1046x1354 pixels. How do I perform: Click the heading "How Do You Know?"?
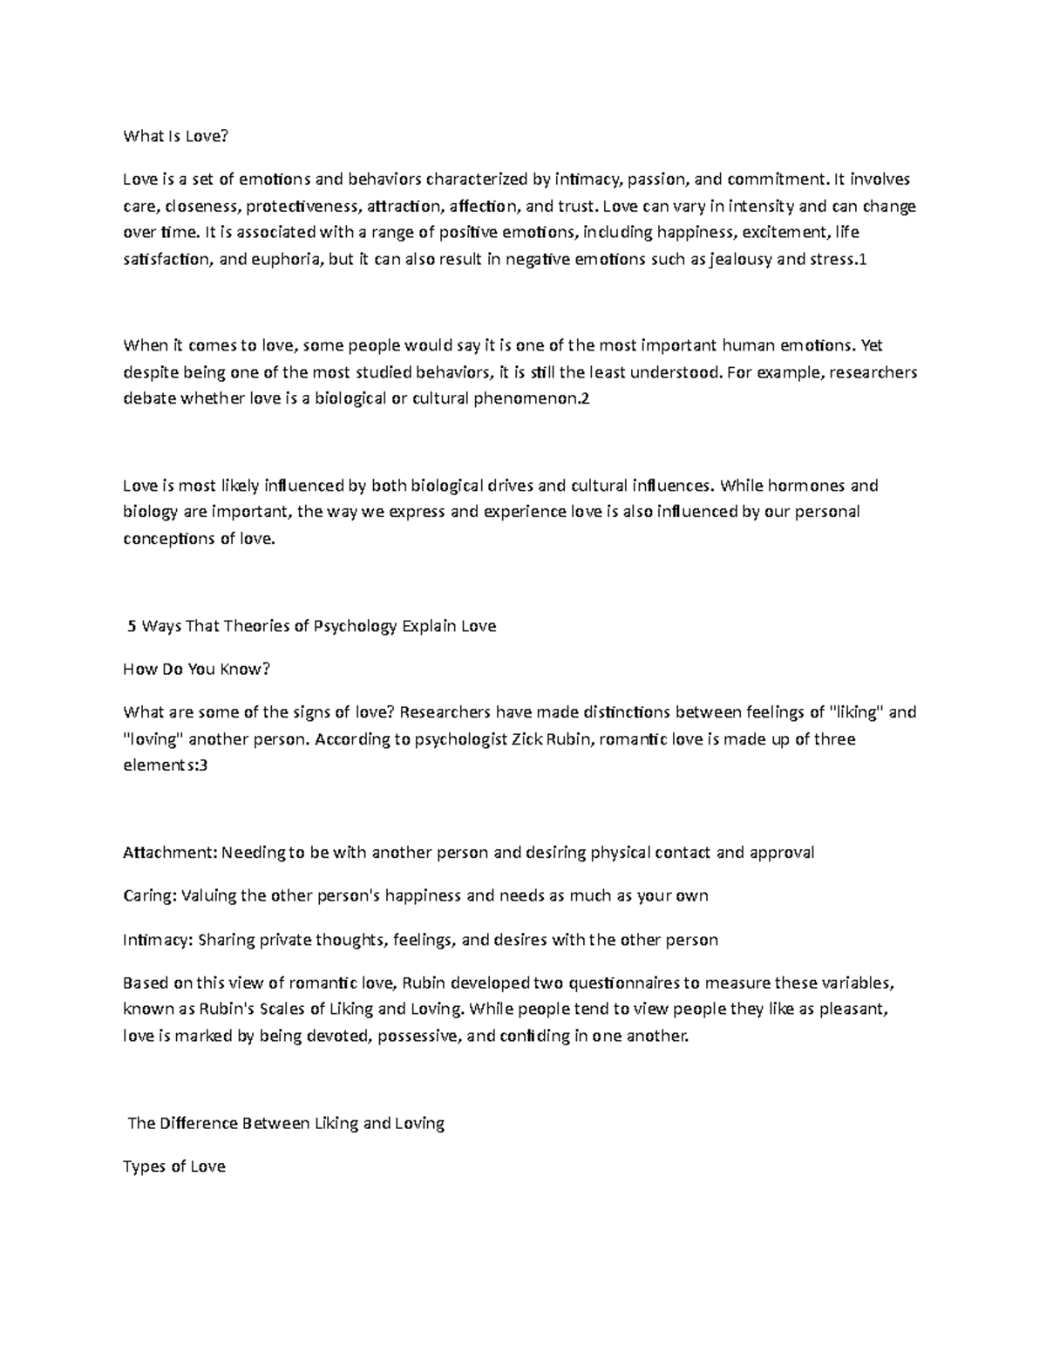197,669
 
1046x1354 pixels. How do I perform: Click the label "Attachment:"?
170,853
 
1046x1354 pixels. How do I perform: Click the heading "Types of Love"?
174,1167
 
